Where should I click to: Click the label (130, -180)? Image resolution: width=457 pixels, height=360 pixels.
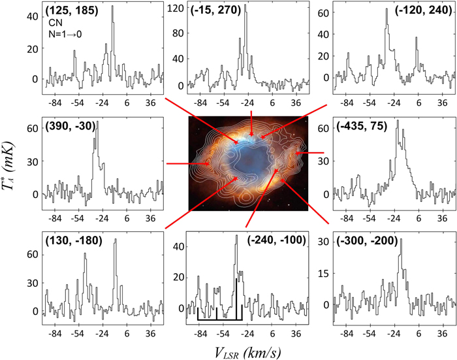click(73, 240)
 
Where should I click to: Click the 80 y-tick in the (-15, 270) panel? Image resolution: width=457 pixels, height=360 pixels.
click(176, 33)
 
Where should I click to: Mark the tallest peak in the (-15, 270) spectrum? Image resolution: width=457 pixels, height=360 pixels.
click(245, 13)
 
